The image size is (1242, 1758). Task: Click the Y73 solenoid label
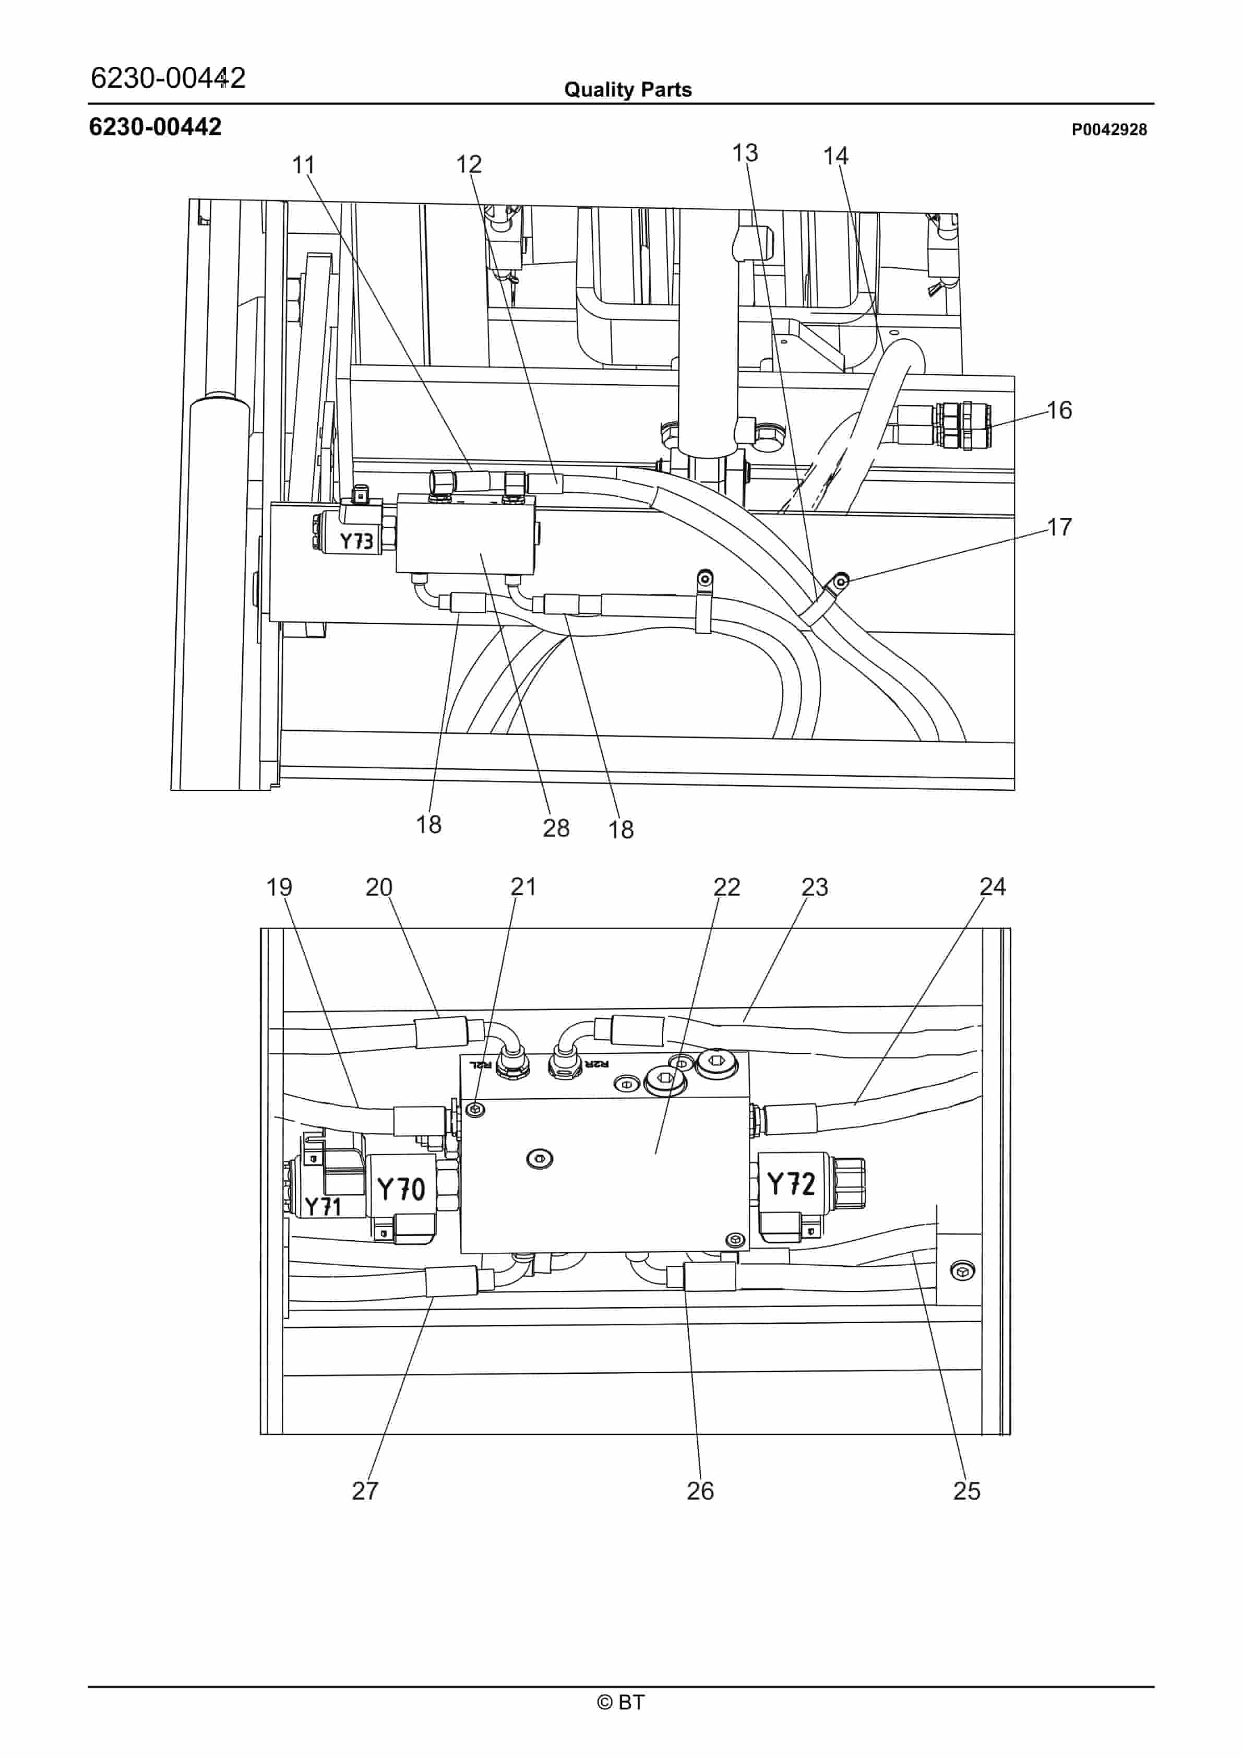tap(356, 541)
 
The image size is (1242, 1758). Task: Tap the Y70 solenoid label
tap(401, 1189)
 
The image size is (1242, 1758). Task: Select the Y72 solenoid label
tap(791, 1184)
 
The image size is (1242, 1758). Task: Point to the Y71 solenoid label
tap(323, 1207)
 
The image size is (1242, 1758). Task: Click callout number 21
tap(524, 887)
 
